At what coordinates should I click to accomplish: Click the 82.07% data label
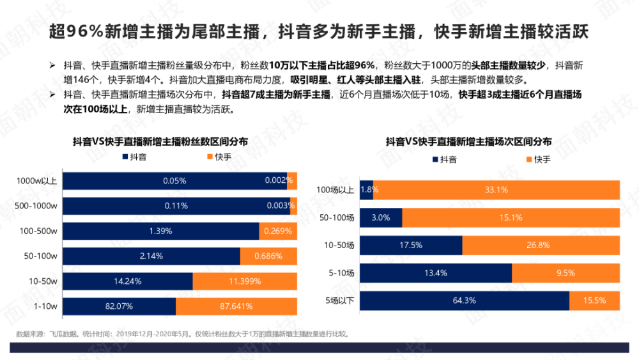pyautogui.click(x=119, y=306)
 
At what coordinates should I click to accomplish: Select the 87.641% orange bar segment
pyautogui.click(x=236, y=306)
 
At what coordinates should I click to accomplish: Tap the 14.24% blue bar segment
pyautogui.click(x=128, y=281)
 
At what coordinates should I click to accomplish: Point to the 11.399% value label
pyautogui.click(x=245, y=281)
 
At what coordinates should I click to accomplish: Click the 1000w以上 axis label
pyautogui.click(x=38, y=181)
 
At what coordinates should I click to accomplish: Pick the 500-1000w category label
pyautogui.click(x=38, y=206)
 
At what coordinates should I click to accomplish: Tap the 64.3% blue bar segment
pyautogui.click(x=464, y=300)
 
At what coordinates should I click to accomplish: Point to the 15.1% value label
pyautogui.click(x=511, y=217)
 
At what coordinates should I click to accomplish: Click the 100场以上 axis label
pyautogui.click(x=335, y=190)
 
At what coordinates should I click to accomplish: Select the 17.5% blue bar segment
pyautogui.click(x=411, y=245)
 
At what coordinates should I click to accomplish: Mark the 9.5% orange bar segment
pyautogui.click(x=566, y=272)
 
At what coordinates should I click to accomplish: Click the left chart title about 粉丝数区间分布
pyautogui.click(x=160, y=141)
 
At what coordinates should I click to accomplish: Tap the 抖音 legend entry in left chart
pyautogui.click(x=133, y=157)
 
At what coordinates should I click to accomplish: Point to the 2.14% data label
pyautogui.click(x=152, y=256)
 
